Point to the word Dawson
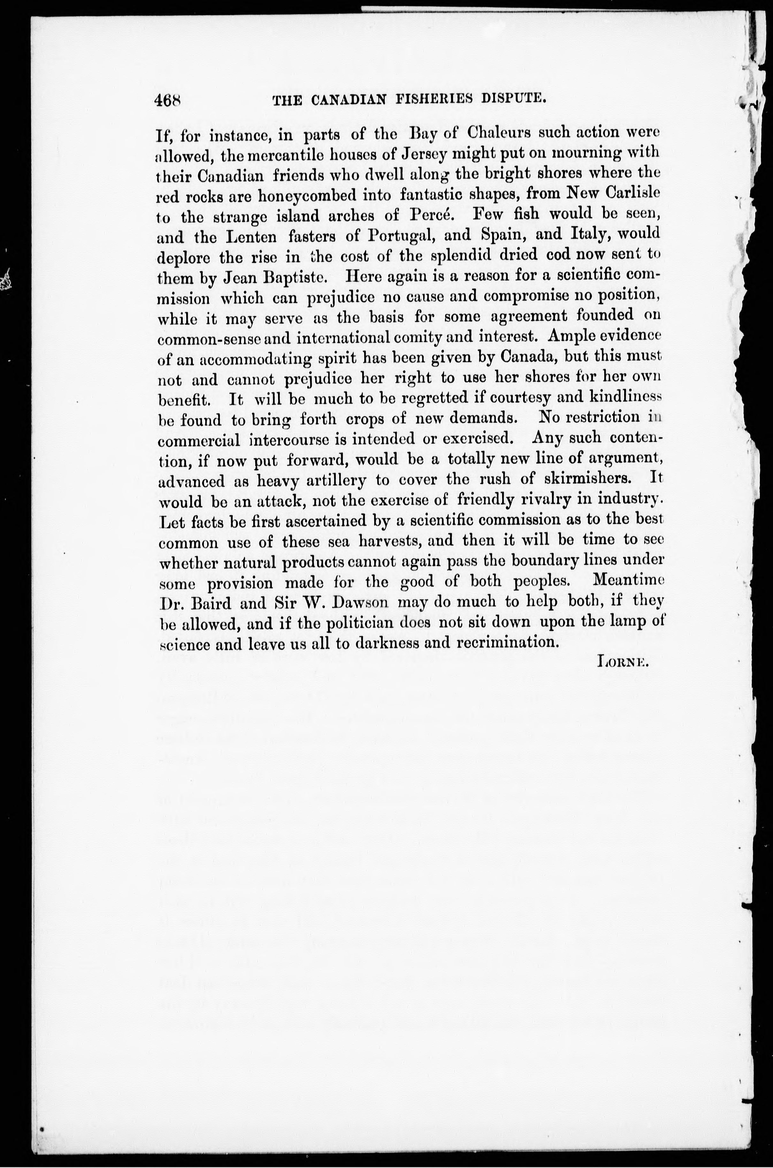pos(362,602)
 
